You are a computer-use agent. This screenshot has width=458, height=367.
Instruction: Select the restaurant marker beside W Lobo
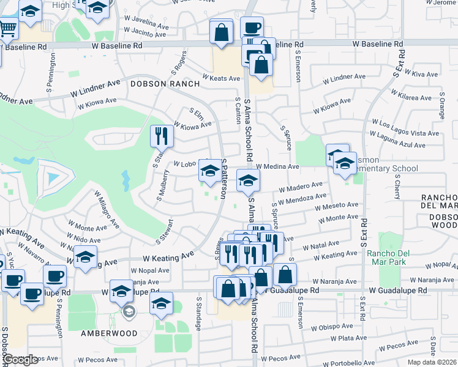(x=162, y=136)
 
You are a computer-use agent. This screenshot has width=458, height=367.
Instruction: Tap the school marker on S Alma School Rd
(x=248, y=180)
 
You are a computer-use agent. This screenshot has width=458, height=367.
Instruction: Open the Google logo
(x=21, y=360)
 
